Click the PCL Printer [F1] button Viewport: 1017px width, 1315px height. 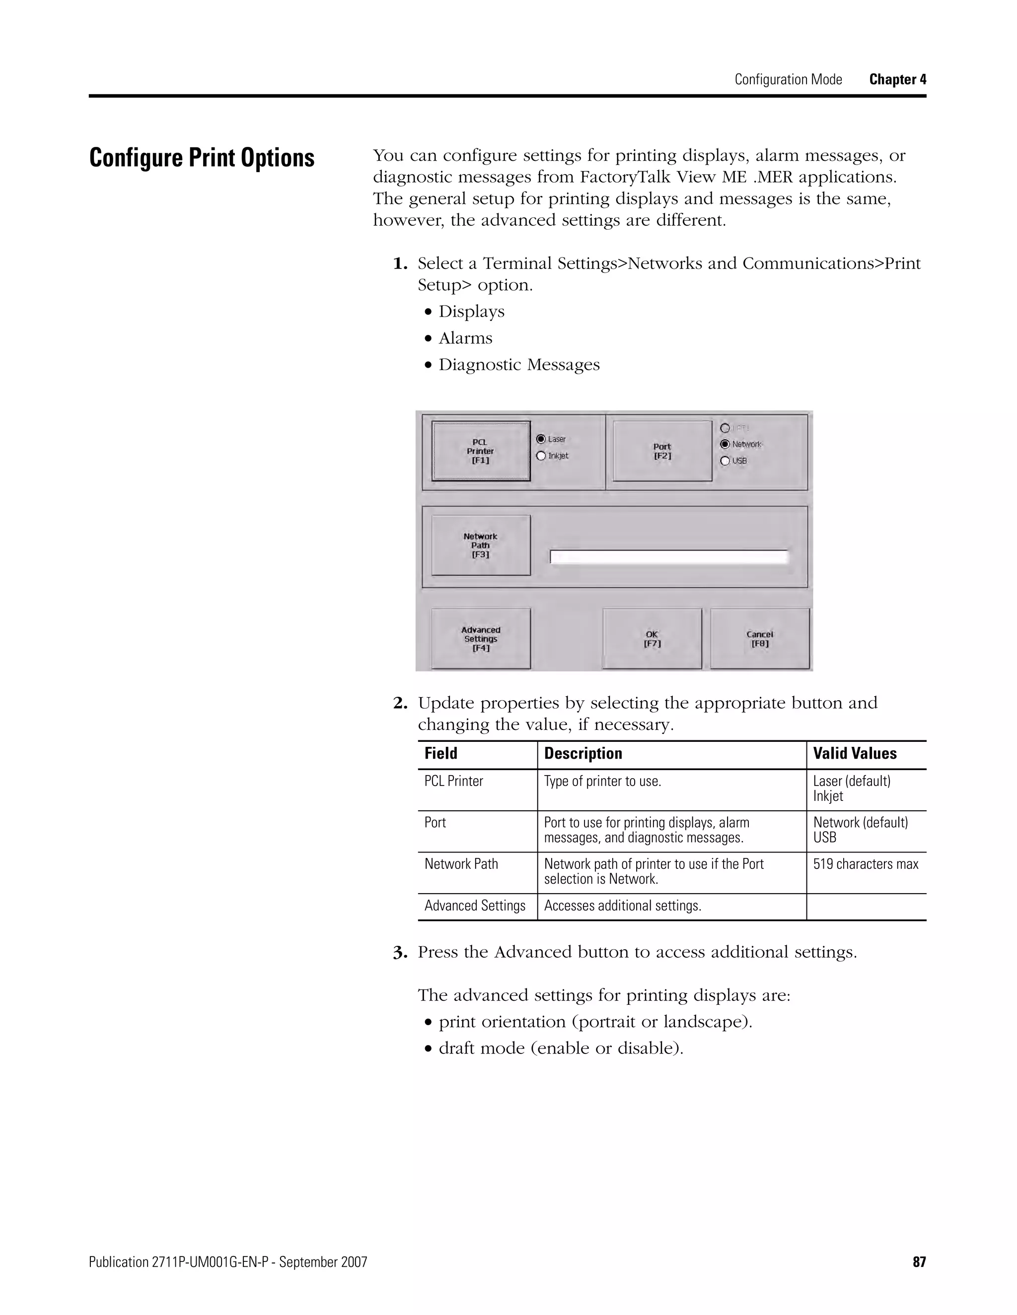pos(481,451)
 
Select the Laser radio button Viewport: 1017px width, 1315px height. pos(541,439)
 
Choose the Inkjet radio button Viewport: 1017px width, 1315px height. pos(541,456)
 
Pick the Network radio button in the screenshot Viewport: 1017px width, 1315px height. pos(726,444)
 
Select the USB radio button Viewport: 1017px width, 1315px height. pos(726,460)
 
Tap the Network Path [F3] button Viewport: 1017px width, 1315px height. pos(481,545)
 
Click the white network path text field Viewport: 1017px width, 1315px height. pos(669,557)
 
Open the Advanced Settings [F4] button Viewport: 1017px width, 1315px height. pos(481,639)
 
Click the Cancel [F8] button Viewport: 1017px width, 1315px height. pos(760,639)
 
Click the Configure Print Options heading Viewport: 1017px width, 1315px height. pos(202,158)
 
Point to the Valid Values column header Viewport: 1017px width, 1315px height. pos(854,754)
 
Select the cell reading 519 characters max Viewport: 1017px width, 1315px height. pos(865,864)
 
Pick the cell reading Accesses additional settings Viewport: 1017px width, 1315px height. pos(622,906)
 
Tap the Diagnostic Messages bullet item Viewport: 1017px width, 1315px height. pos(519,365)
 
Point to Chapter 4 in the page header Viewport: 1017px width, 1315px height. pos(897,79)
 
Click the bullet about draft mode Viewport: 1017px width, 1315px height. pos(560,1048)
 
